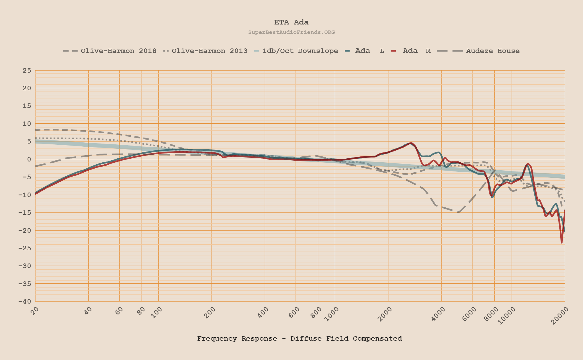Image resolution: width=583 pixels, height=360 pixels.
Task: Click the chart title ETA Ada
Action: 291,22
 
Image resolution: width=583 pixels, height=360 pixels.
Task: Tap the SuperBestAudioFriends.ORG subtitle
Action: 291,32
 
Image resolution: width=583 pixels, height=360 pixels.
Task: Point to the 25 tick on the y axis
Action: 27,70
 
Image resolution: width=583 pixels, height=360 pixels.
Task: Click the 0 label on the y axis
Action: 29,159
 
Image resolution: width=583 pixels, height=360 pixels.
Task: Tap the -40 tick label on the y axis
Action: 25,301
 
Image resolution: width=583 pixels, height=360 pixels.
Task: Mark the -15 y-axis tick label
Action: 25,212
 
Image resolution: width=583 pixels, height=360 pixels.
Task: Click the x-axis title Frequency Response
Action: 299,339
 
